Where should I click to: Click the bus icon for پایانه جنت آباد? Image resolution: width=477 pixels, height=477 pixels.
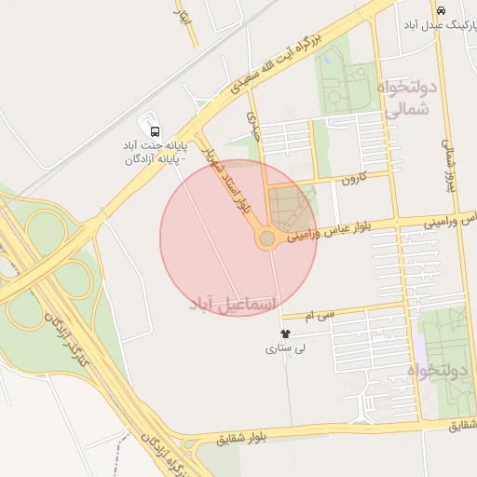[x=155, y=131]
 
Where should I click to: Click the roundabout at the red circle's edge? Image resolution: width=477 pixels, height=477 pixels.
[x=267, y=239]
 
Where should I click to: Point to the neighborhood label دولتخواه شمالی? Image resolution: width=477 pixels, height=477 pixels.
[x=406, y=98]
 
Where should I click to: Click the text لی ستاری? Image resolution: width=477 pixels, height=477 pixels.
[x=284, y=349]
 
